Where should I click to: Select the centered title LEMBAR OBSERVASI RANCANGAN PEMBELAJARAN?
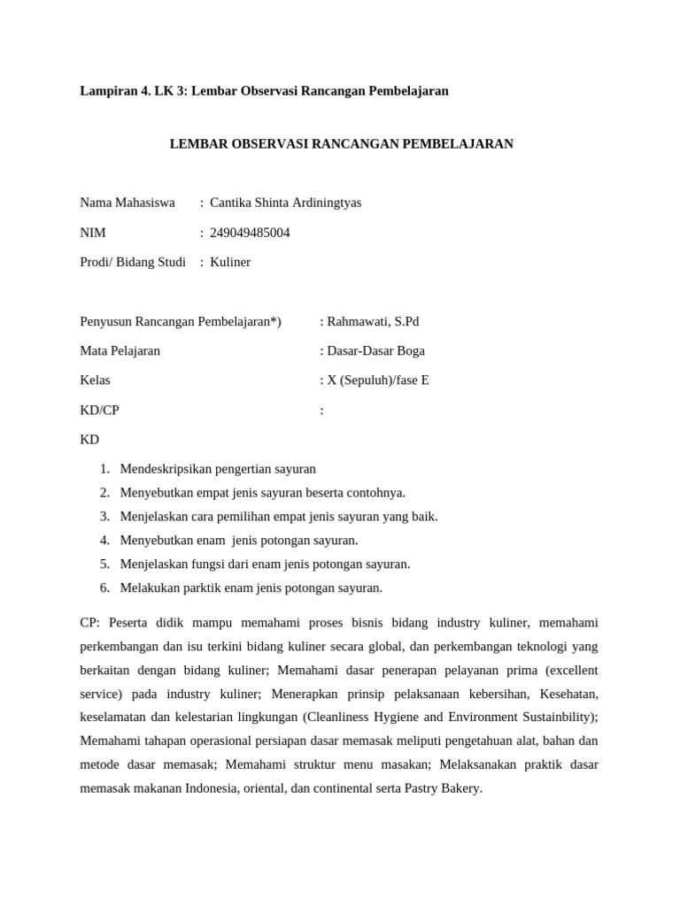point(341,143)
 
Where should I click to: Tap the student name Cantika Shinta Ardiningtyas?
point(285,203)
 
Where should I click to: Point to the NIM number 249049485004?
point(250,233)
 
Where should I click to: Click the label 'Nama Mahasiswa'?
point(127,203)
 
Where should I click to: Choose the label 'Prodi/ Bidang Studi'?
point(133,262)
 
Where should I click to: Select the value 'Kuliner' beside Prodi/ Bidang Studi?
point(230,262)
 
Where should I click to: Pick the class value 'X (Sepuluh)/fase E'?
point(378,380)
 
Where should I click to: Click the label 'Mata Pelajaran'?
point(120,350)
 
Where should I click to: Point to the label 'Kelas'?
point(95,380)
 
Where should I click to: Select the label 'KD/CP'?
point(99,410)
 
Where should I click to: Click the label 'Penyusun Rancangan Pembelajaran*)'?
point(181,321)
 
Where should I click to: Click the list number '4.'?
point(104,540)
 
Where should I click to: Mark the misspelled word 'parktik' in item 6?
point(196,587)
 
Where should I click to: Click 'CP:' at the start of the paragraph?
point(91,622)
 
